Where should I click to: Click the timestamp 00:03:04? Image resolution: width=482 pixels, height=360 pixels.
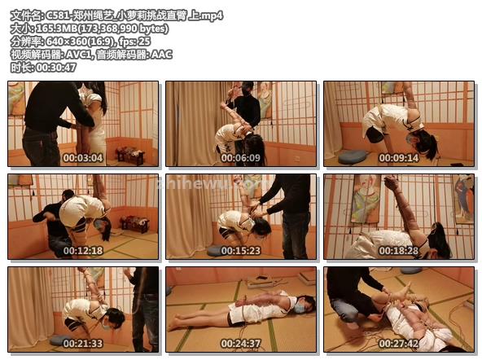pyautogui.click(x=83, y=158)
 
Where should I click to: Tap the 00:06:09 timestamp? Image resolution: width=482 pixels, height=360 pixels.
pyautogui.click(x=241, y=158)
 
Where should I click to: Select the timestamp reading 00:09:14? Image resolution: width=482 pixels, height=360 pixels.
pyautogui.click(x=399, y=158)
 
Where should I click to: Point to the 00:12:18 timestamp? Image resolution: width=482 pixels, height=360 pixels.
pyautogui.click(x=83, y=251)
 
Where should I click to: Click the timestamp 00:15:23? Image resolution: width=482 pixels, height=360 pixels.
pyautogui.click(x=241, y=251)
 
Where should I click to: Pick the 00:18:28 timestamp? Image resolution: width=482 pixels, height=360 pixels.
pyautogui.click(x=399, y=251)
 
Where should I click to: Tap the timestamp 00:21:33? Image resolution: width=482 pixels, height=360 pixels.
pyautogui.click(x=83, y=344)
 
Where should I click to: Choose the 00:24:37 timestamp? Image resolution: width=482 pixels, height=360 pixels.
pyautogui.click(x=241, y=344)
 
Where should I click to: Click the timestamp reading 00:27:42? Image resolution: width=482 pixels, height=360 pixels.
pyautogui.click(x=399, y=344)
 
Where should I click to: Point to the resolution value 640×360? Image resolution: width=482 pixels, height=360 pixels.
pyautogui.click(x=66, y=42)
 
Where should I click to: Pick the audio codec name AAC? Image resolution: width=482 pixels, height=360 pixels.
pyautogui.click(x=161, y=55)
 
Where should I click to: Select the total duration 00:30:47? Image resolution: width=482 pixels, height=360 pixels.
pyautogui.click(x=56, y=68)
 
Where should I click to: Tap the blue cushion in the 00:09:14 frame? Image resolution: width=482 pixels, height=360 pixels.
pyautogui.click(x=353, y=157)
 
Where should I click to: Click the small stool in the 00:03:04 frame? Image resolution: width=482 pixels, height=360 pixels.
pyautogui.click(x=130, y=156)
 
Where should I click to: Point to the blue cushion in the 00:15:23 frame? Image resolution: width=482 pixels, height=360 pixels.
pyautogui.click(x=215, y=251)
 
